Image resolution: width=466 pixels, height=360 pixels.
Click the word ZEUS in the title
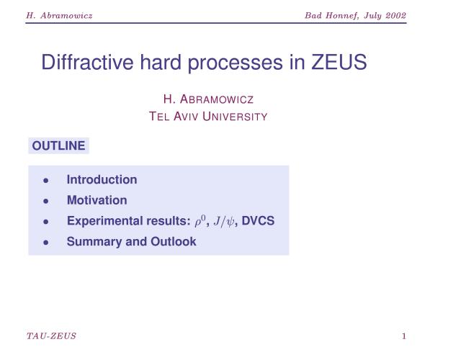(339, 62)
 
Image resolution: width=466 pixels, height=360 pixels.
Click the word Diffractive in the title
(87, 62)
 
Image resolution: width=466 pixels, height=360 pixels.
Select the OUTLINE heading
(58, 146)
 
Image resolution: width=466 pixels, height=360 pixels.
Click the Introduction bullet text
(102, 180)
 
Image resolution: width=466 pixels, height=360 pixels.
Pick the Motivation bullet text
(97, 200)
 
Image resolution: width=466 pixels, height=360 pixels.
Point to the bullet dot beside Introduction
(46, 180)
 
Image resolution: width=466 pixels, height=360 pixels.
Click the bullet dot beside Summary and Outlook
(46, 243)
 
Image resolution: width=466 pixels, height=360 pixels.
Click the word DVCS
(258, 221)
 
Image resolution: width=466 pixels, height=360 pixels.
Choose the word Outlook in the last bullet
(174, 241)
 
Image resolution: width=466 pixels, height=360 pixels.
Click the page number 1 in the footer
(404, 336)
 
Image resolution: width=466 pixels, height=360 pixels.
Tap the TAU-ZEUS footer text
(51, 336)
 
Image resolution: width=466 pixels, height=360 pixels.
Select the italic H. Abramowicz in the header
(59, 15)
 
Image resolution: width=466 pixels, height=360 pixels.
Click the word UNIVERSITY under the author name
(235, 117)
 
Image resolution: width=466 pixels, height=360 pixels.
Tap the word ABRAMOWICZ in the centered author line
(217, 99)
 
